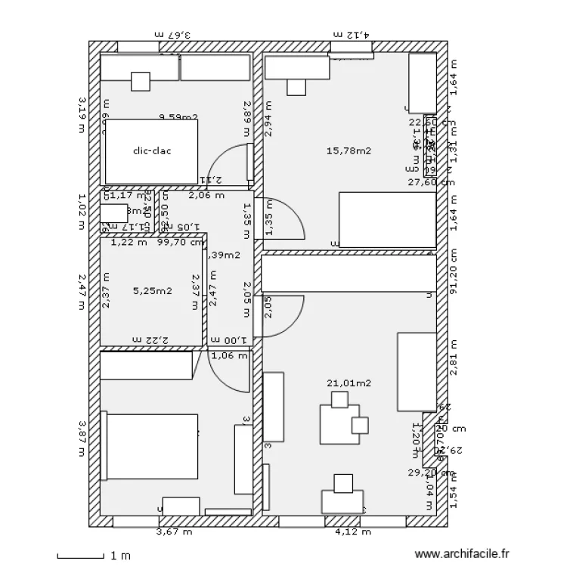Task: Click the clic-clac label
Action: [152, 151]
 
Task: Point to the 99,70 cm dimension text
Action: [180, 243]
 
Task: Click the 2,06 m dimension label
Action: [206, 195]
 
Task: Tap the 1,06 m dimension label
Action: [229, 356]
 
